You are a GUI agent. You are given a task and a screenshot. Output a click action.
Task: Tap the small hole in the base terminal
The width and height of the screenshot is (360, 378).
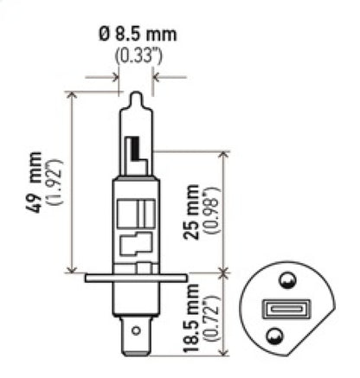coord(135,329)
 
